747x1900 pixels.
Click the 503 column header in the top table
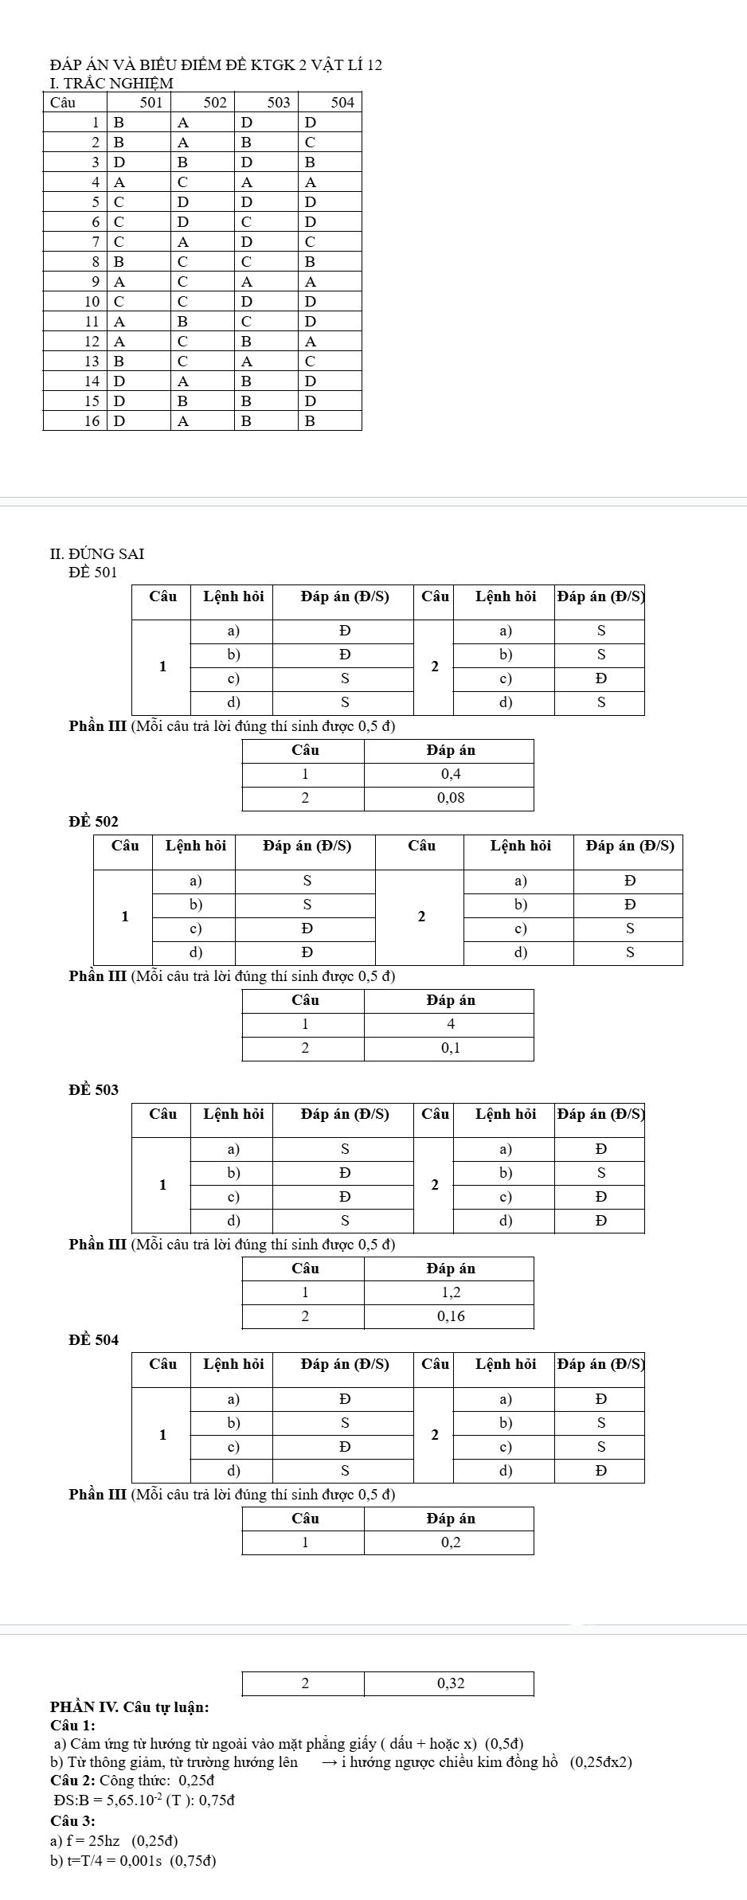pyautogui.click(x=279, y=103)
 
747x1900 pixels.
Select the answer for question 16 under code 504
pyautogui.click(x=311, y=421)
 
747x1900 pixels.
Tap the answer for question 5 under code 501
pyautogui.click(x=119, y=201)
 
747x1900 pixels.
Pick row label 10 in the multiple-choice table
pyautogui.click(x=92, y=302)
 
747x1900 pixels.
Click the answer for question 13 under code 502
pyautogui.click(x=183, y=362)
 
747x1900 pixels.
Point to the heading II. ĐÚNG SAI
pyautogui.click(x=96, y=553)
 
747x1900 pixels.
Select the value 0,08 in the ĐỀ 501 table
pyautogui.click(x=451, y=798)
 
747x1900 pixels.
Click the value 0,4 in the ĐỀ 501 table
pyautogui.click(x=451, y=774)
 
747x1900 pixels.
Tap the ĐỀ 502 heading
pyautogui.click(x=93, y=821)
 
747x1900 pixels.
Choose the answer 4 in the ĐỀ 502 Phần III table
pyautogui.click(x=451, y=1023)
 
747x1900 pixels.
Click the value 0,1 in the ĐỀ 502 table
pyautogui.click(x=451, y=1048)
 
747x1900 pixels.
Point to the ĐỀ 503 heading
pyautogui.click(x=93, y=1089)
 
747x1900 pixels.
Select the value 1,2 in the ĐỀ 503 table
pyautogui.click(x=451, y=1292)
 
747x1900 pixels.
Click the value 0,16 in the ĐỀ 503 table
pyautogui.click(x=451, y=1316)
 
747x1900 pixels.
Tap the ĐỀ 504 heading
pyautogui.click(x=93, y=1340)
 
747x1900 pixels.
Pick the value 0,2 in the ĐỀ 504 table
pyautogui.click(x=451, y=1542)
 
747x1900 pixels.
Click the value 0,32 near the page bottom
pyautogui.click(x=451, y=1683)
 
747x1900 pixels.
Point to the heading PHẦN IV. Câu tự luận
pyautogui.click(x=130, y=1706)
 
